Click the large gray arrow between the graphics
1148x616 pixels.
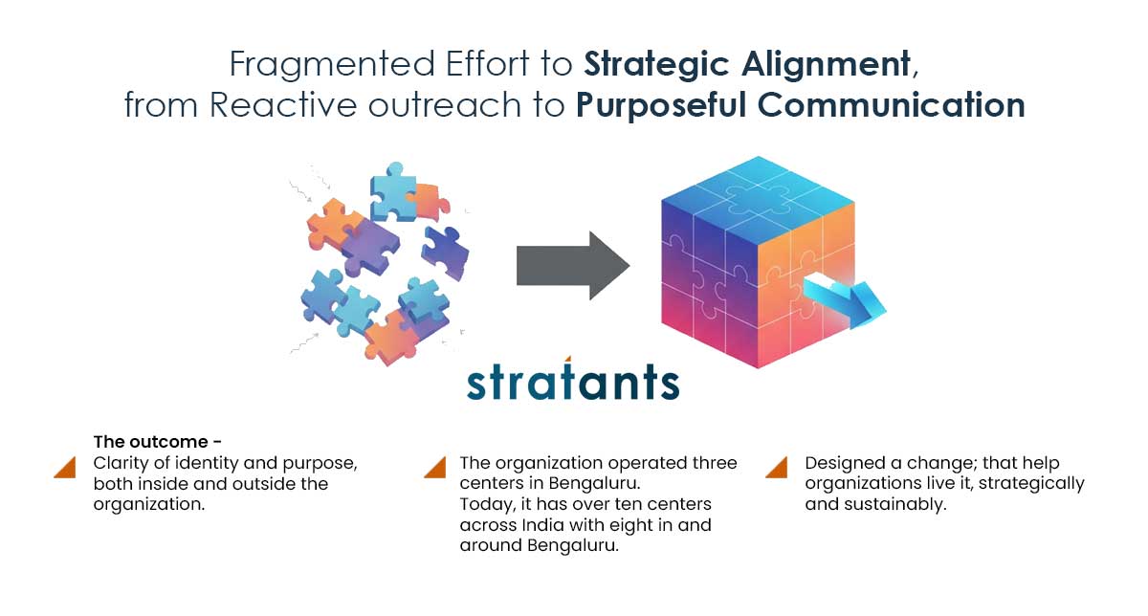click(x=572, y=265)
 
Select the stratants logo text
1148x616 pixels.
click(x=573, y=381)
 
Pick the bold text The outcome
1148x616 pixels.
click(x=151, y=442)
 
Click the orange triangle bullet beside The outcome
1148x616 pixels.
click(x=65, y=467)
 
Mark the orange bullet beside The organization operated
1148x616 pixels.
click(x=434, y=467)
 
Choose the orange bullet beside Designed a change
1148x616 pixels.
click(x=777, y=467)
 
